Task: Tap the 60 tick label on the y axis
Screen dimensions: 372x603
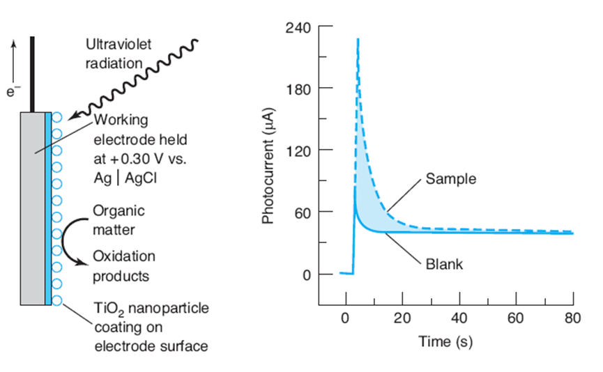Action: tap(302, 212)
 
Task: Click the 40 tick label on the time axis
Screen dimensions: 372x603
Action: tap(459, 319)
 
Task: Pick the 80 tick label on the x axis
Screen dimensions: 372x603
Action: tap(572, 319)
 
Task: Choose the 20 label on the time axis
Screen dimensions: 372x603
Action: tap(402, 319)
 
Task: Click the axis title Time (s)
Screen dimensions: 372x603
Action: tap(445, 342)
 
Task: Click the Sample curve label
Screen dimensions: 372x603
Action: tap(450, 179)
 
